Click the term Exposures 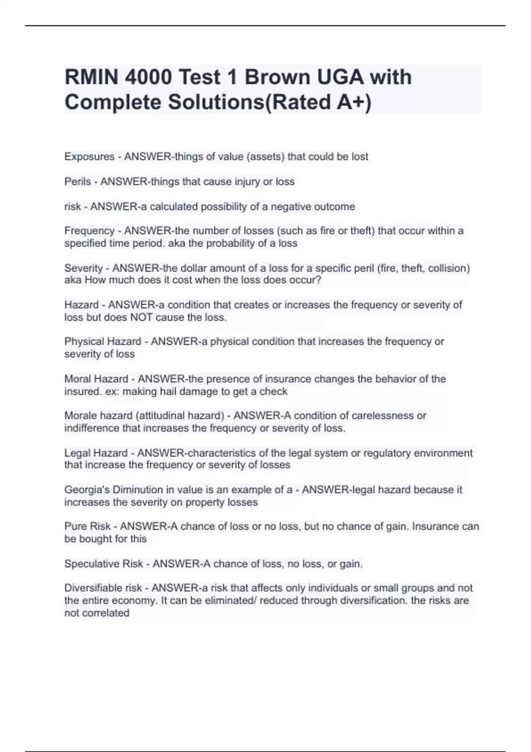89,157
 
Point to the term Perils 77,181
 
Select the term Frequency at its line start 89,230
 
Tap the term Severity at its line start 84,268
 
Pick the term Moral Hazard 96,379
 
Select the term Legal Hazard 96,453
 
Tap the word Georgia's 87,490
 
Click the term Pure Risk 87,526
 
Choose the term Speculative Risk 104,564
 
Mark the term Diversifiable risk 103,588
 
